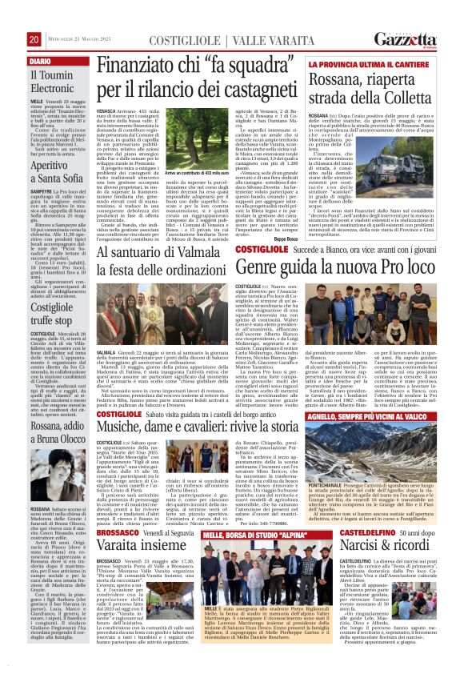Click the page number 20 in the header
coord(34,39)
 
